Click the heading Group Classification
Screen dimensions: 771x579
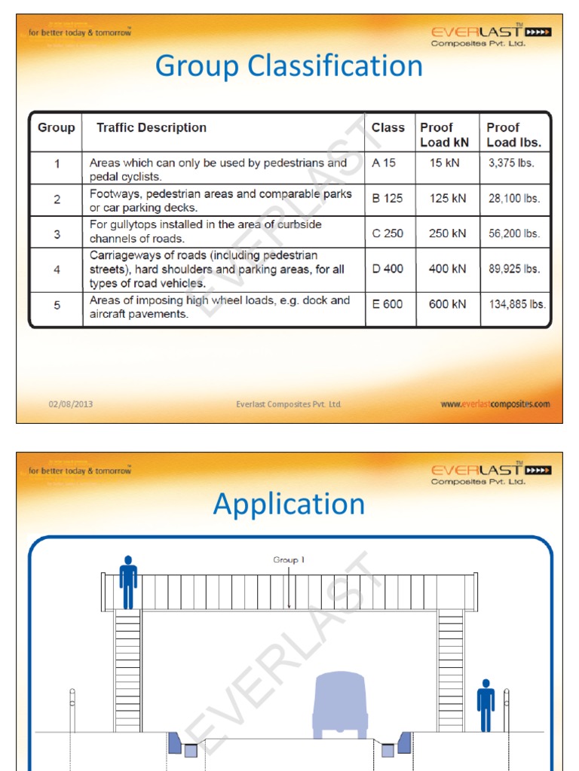coord(289,66)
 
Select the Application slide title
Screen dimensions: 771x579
coord(289,504)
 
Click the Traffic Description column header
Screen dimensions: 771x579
coord(151,128)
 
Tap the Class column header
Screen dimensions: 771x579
coord(388,128)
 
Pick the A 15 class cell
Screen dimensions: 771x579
coord(384,163)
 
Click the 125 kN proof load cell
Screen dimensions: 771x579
coord(447,198)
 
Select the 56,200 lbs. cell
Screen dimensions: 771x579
coord(514,233)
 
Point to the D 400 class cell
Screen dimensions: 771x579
coord(388,268)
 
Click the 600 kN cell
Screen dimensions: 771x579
coord(447,304)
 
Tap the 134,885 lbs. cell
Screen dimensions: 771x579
coord(516,304)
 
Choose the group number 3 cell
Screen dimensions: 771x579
coord(57,234)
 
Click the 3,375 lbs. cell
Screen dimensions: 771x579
coord(511,163)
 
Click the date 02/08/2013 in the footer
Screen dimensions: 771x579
coord(71,404)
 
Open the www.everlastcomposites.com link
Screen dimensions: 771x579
coord(495,404)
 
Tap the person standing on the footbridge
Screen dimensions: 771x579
coord(128,582)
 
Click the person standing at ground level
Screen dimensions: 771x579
coord(486,705)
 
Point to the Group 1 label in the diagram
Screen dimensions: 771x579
coord(289,560)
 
